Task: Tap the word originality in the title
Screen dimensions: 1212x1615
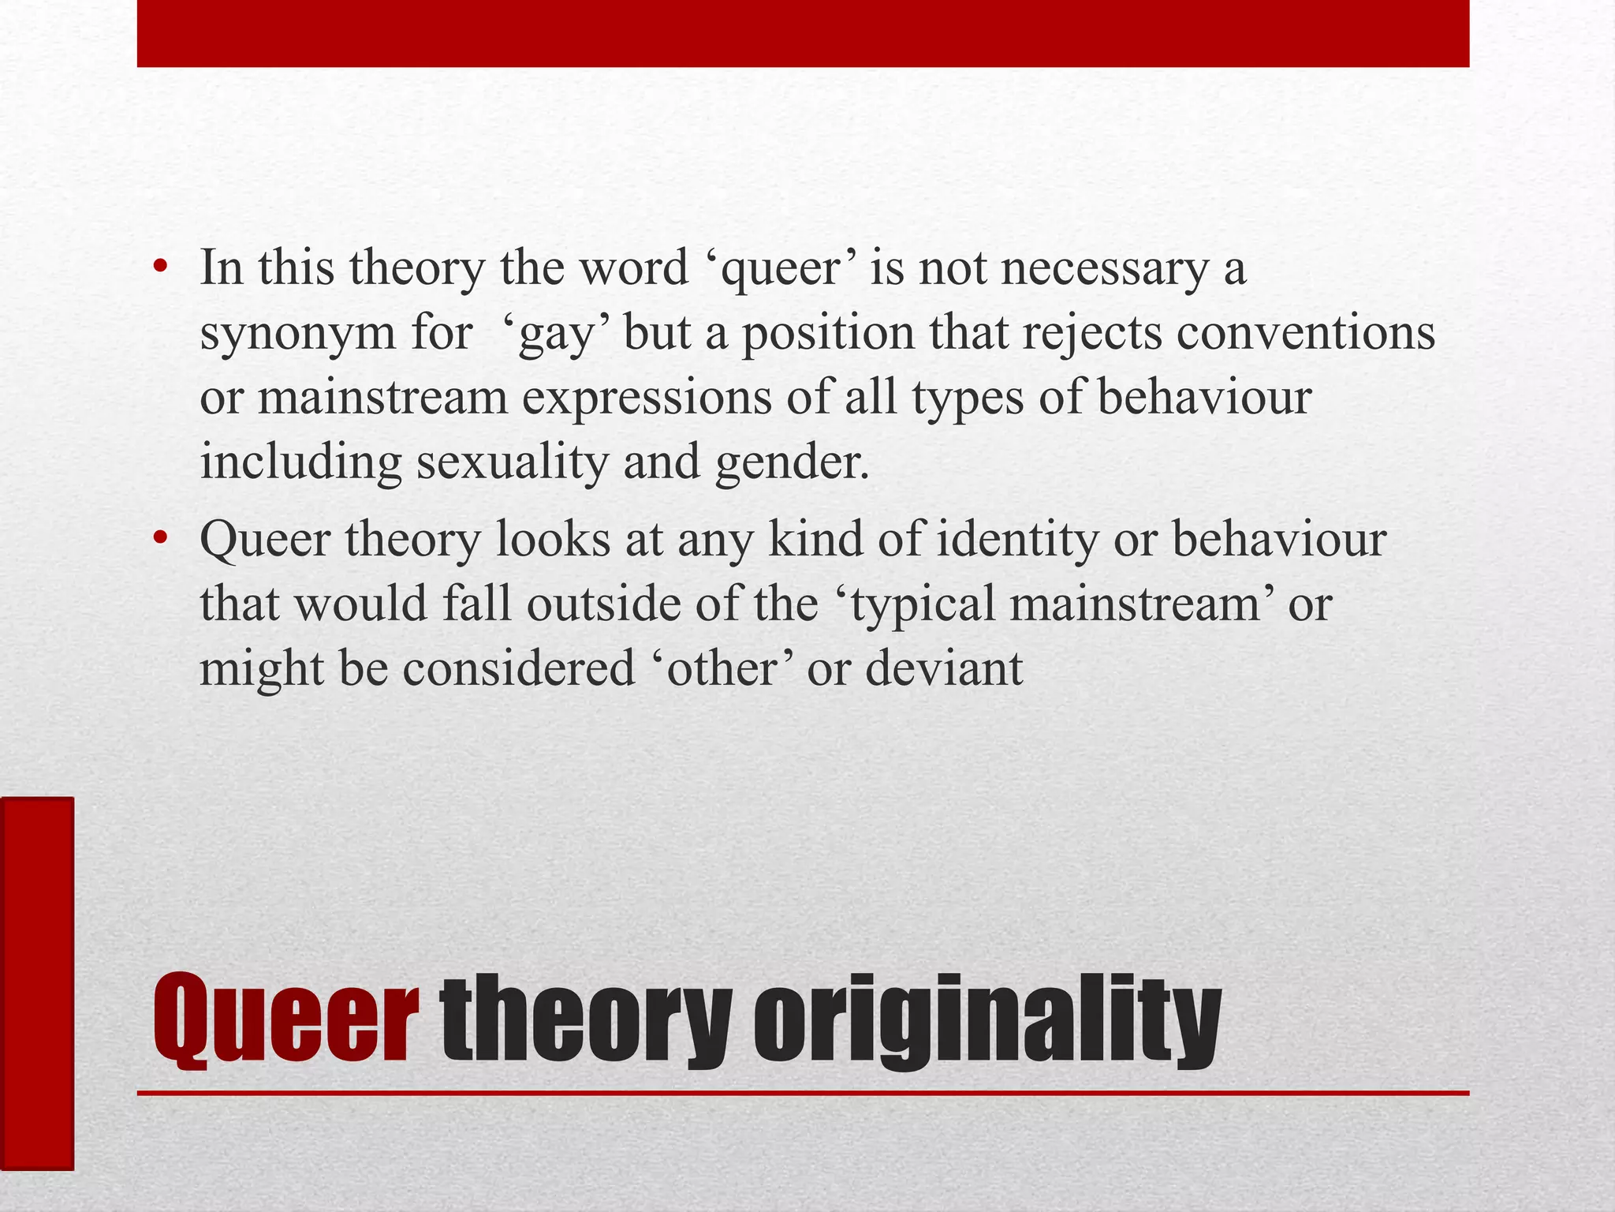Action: pos(987,1022)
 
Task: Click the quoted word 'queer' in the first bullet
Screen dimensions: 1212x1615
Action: pos(781,268)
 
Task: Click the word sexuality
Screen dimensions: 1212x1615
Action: pos(513,462)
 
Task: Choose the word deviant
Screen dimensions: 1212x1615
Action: pos(944,668)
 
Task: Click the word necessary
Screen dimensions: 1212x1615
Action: pos(1104,268)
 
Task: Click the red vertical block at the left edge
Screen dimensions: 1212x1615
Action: pos(36,983)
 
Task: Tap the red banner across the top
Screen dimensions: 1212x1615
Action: pos(803,33)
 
